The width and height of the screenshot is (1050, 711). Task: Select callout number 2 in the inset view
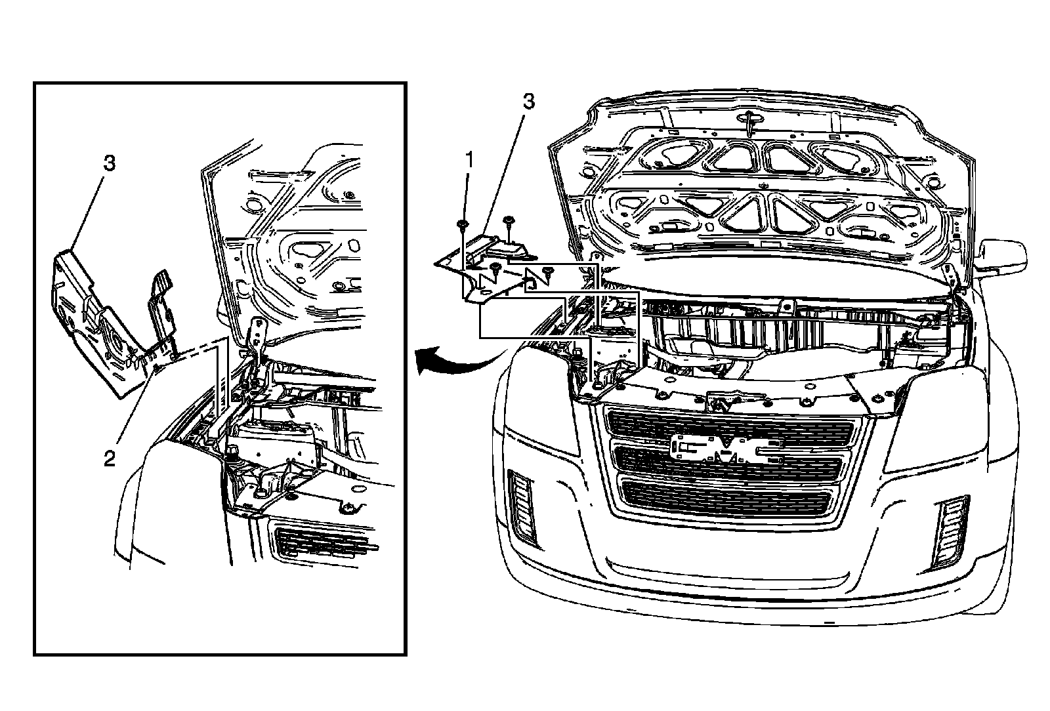[110, 457]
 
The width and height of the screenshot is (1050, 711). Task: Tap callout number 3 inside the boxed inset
[109, 163]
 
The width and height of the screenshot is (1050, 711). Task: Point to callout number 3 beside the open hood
[528, 102]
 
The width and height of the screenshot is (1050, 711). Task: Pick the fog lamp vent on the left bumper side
[524, 506]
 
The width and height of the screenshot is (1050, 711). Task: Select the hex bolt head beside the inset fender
[232, 451]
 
